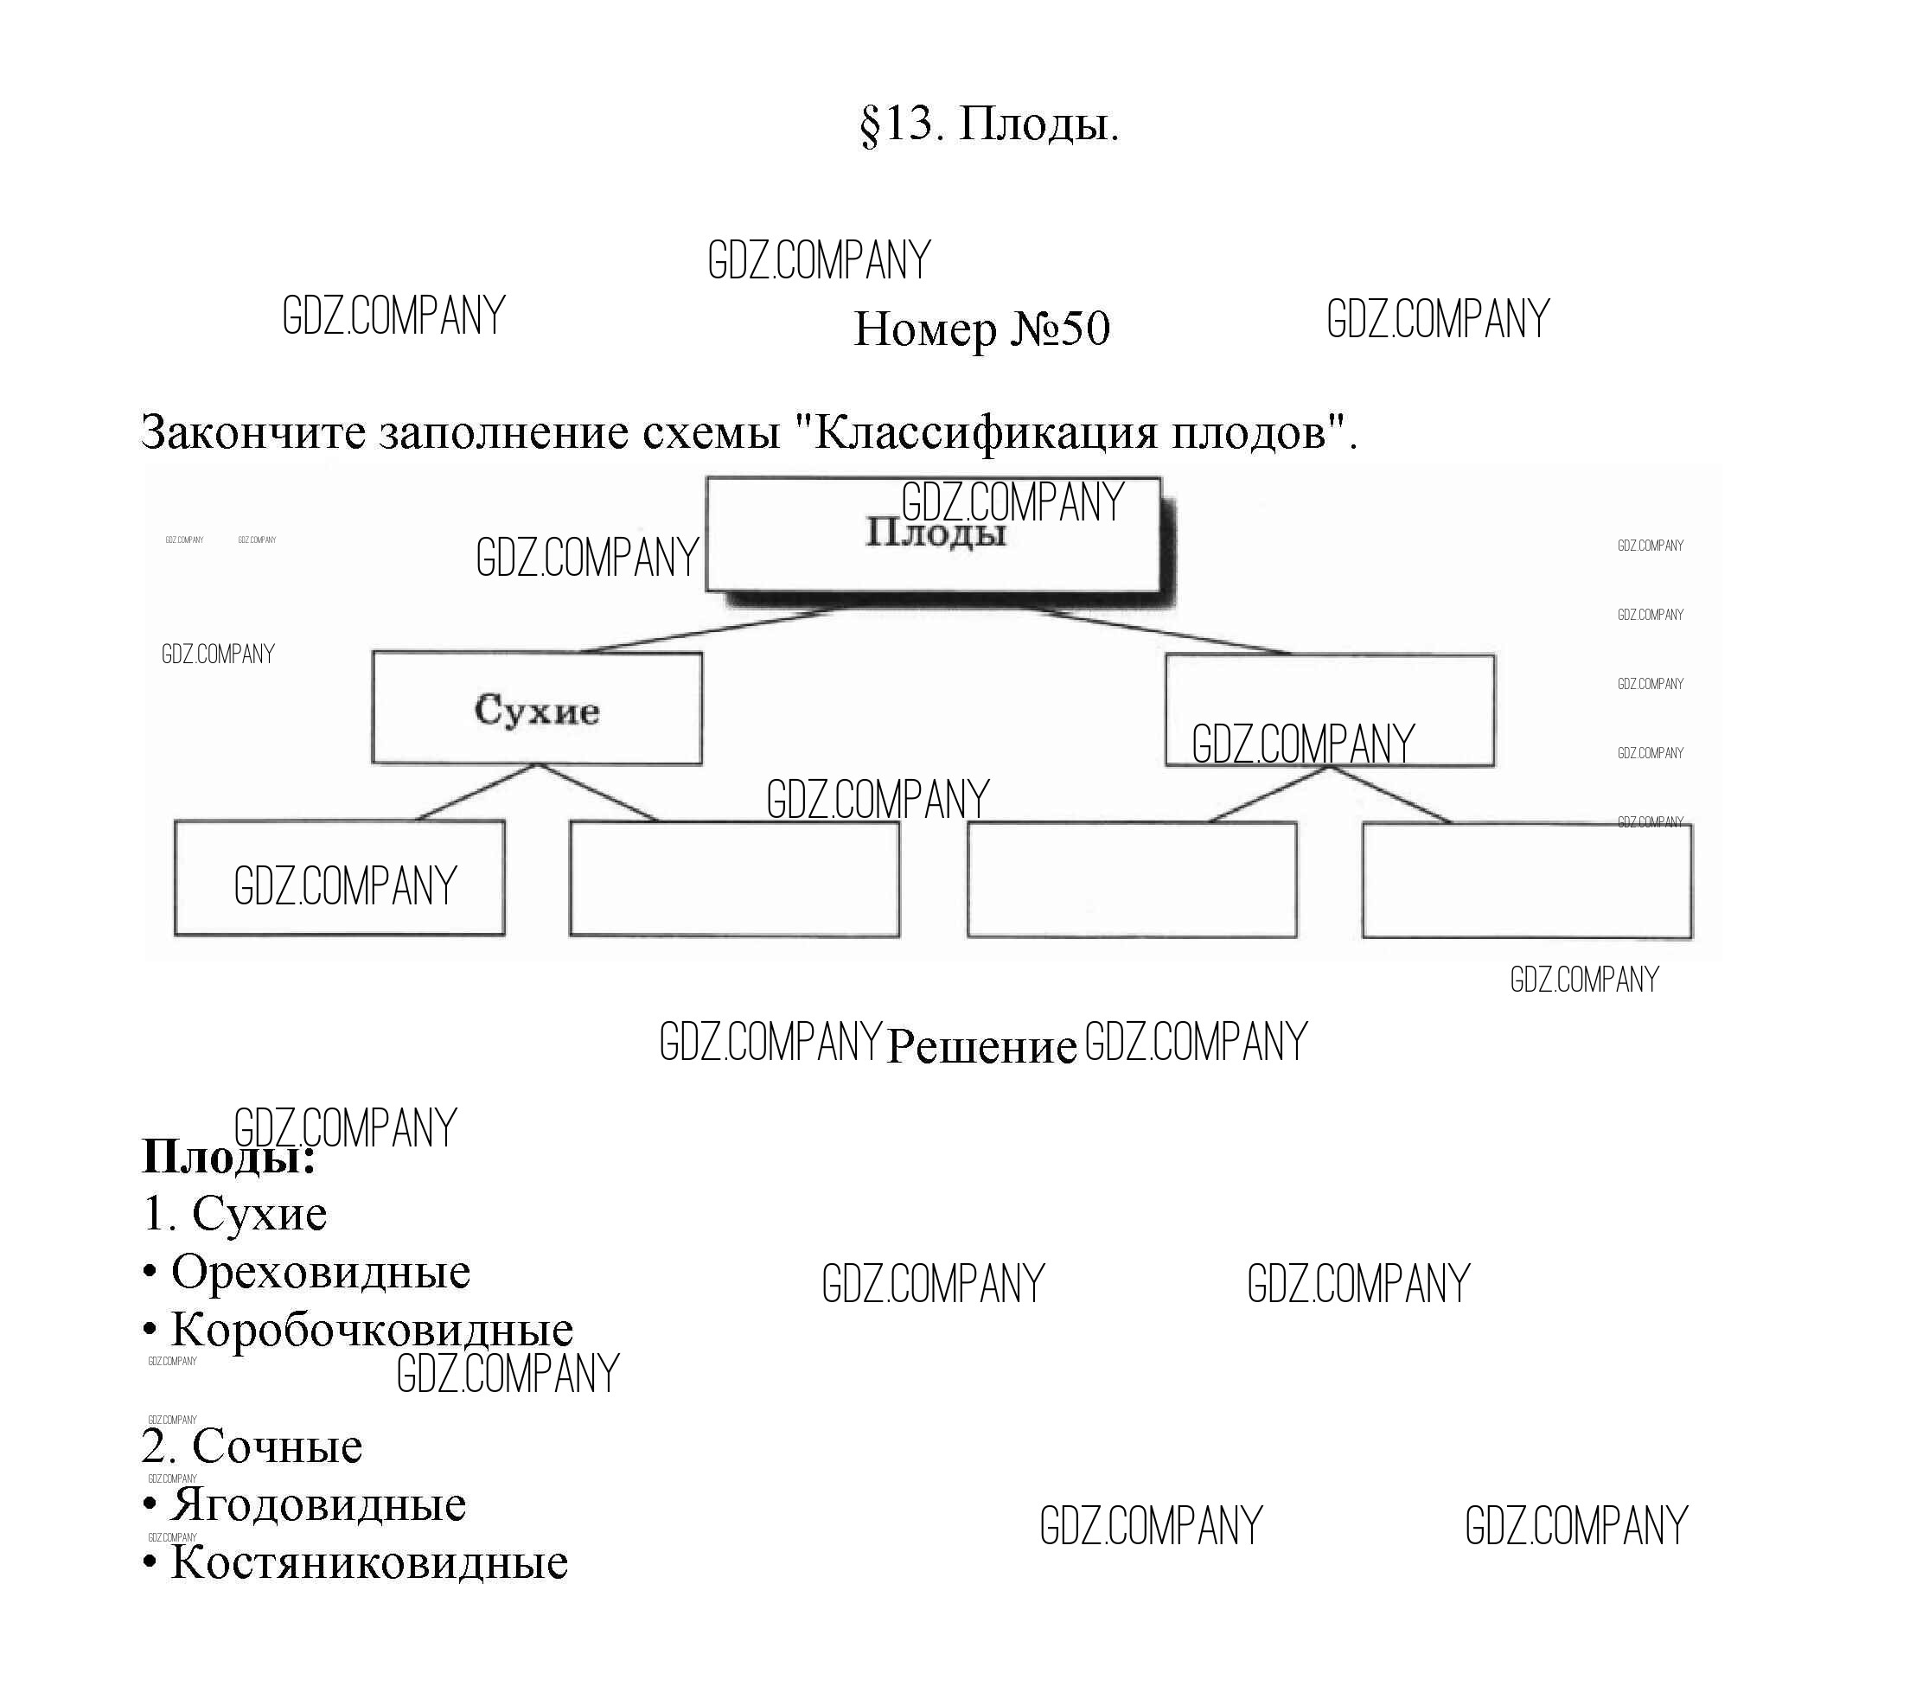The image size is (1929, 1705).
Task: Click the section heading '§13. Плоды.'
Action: (989, 125)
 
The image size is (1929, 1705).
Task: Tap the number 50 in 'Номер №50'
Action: (1085, 329)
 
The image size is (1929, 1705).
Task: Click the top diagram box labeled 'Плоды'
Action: (933, 536)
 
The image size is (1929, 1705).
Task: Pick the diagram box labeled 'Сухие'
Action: (537, 709)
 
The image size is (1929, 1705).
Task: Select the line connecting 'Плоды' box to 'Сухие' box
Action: (708, 630)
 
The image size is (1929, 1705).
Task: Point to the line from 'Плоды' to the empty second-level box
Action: (1161, 630)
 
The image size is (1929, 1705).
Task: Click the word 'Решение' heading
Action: (981, 1046)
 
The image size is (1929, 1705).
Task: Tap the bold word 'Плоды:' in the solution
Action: (227, 1157)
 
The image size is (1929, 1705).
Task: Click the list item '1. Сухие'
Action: (235, 1215)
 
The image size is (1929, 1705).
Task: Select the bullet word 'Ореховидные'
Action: (320, 1273)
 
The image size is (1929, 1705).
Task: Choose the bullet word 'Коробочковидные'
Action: (372, 1331)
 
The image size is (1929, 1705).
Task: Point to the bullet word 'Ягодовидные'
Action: (318, 1505)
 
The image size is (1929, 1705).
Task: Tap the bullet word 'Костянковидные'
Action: (369, 1563)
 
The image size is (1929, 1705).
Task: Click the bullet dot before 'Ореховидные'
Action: (149, 1274)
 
